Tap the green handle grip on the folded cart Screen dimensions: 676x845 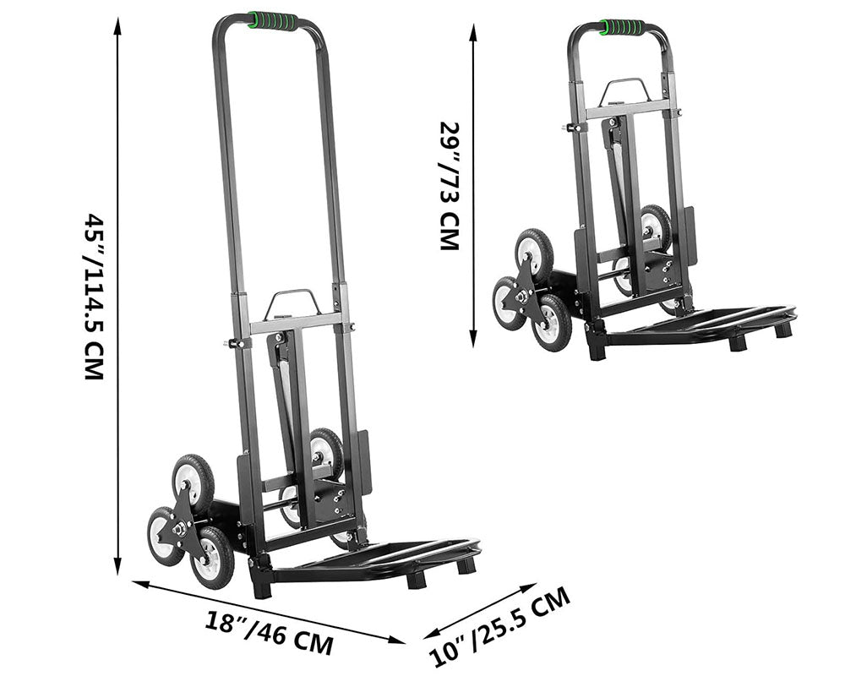point(622,27)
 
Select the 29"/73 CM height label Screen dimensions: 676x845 point(449,186)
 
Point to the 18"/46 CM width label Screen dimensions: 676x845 point(270,633)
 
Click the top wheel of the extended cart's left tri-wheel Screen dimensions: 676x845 point(193,478)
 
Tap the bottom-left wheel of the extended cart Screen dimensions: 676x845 point(163,533)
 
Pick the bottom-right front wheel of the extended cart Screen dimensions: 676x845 point(212,557)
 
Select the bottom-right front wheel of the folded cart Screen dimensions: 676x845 point(552,323)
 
